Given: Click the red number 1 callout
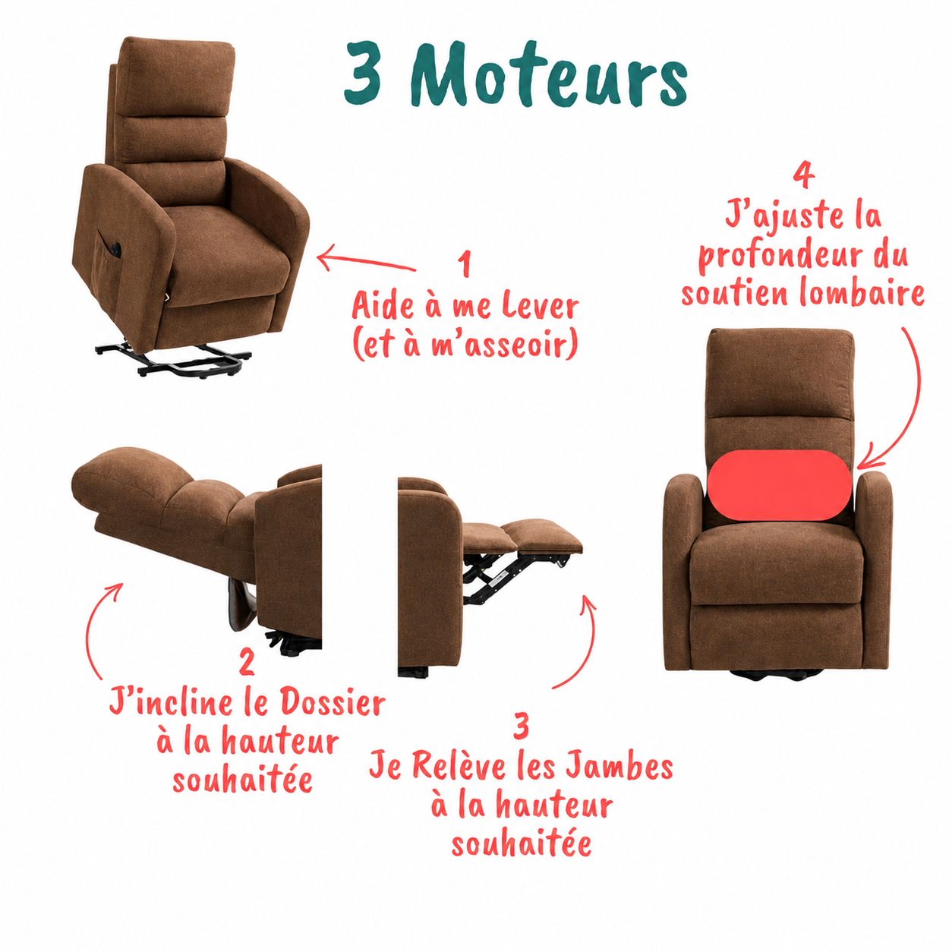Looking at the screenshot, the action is [464, 264].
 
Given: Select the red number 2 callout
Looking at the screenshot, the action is [247, 662].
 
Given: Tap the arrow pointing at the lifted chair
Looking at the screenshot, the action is [366, 260].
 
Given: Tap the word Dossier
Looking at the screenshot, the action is [333, 703].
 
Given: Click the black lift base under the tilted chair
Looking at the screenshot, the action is [173, 360].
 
